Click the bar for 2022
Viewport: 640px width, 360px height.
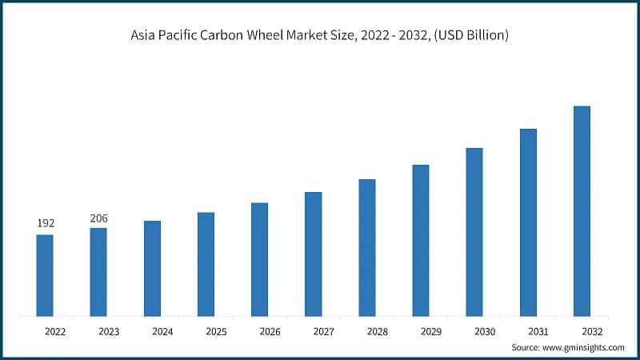coord(45,275)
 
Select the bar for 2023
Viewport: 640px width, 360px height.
coord(98,272)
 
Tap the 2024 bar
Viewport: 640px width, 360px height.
coord(152,268)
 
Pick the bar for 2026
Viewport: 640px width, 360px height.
coord(259,259)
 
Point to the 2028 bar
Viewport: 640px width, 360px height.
coord(367,247)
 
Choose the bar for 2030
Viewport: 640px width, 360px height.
coord(474,232)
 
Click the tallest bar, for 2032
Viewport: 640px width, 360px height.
coord(582,211)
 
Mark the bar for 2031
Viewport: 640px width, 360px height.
coord(528,222)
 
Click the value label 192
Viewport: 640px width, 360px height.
coord(45,223)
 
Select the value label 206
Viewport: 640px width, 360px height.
coord(98,218)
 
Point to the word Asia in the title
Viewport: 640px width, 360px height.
coord(146,36)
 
